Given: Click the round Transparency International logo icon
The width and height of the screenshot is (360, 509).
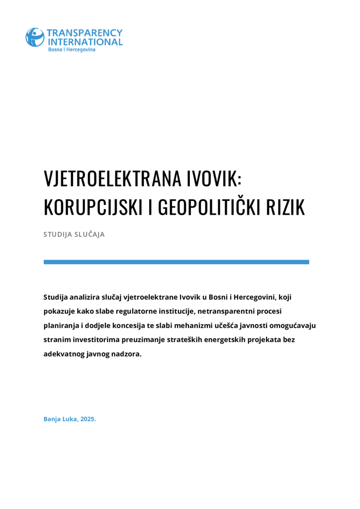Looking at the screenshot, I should (x=35, y=37).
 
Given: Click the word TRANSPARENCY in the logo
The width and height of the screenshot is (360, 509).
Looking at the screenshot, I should (x=85, y=33).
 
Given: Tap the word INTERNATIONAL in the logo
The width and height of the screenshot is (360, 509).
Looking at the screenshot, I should (x=85, y=42).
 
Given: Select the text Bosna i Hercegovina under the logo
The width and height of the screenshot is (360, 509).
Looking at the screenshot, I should (x=72, y=50).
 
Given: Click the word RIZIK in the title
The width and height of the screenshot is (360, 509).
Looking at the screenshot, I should (x=286, y=208).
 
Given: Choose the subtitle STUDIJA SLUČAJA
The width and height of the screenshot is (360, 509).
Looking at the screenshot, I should (x=74, y=234).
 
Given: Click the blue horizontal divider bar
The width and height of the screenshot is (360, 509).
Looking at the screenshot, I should (x=176, y=262).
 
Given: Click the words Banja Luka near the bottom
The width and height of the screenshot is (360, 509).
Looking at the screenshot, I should (x=60, y=419).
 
